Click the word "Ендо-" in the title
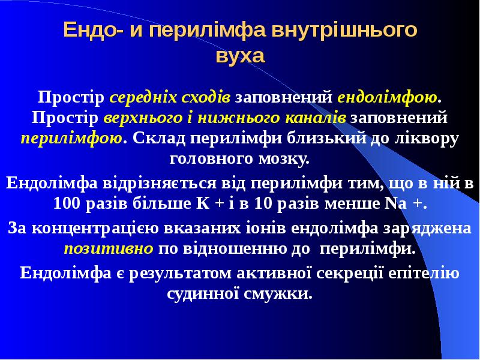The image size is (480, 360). pos(91,31)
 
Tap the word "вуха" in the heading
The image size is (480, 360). pos(239,56)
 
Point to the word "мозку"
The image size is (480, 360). pos(283,160)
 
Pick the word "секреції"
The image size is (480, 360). pos(346,273)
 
